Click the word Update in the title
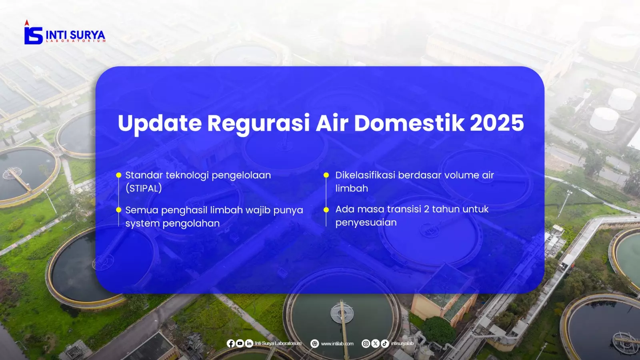pyautogui.click(x=160, y=124)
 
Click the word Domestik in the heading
pyautogui.click(x=409, y=123)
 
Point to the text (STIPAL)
pyautogui.click(x=144, y=188)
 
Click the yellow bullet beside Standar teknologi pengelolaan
pyautogui.click(x=118, y=175)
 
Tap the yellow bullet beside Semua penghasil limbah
pyautogui.click(x=118, y=210)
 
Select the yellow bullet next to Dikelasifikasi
pyautogui.click(x=326, y=175)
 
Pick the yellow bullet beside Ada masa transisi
pyautogui.click(x=326, y=210)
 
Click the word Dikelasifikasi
pyautogui.click(x=365, y=175)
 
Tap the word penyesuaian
pyautogui.click(x=366, y=222)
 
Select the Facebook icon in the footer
pyautogui.click(x=230, y=344)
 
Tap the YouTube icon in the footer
pyautogui.click(x=240, y=344)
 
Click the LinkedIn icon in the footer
pyautogui.click(x=249, y=344)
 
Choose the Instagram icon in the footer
pyautogui.click(x=366, y=344)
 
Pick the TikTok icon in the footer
pyautogui.click(x=385, y=344)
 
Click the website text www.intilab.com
pyautogui.click(x=337, y=344)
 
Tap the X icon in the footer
pyautogui.click(x=376, y=344)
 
